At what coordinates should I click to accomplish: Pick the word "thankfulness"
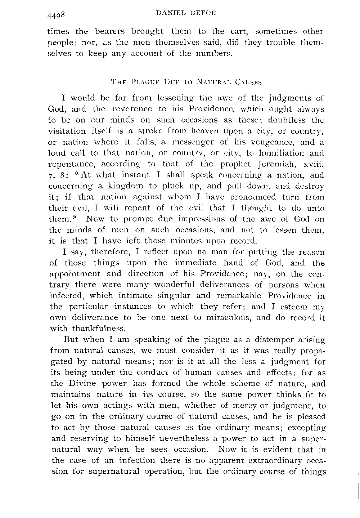click(99, 329)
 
